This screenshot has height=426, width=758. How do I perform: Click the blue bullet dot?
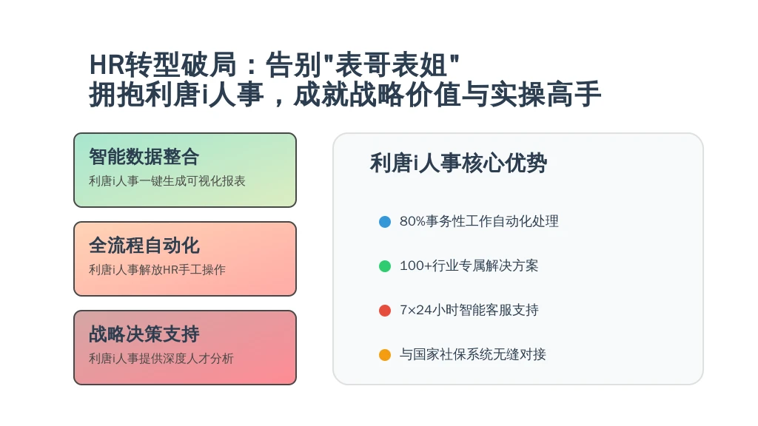pyautogui.click(x=385, y=222)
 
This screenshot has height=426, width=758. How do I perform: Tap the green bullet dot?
pyautogui.click(x=385, y=266)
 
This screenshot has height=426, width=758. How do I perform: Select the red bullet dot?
pyautogui.click(x=385, y=311)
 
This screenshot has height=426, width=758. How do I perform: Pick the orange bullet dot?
pyautogui.click(x=385, y=355)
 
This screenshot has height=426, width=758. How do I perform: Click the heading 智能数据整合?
pyautogui.click(x=144, y=157)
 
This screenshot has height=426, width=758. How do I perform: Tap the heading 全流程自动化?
pyautogui.click(x=144, y=246)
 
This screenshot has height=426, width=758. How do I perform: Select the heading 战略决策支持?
pyautogui.click(x=144, y=334)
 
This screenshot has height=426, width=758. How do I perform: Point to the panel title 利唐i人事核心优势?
pyautogui.click(x=458, y=163)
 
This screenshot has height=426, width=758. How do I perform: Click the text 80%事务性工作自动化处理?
pyautogui.click(x=479, y=221)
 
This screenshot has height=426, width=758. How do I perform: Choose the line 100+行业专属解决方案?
pyautogui.click(x=469, y=266)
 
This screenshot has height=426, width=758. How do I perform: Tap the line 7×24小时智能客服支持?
pyautogui.click(x=469, y=310)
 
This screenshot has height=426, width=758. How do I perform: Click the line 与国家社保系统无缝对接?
pyautogui.click(x=473, y=354)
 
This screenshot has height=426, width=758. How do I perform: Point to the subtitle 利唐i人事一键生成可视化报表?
pyautogui.click(x=167, y=181)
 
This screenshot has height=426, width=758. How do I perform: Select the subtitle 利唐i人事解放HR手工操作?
pyautogui.click(x=157, y=269)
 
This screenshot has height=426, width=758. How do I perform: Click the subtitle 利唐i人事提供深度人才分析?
pyautogui.click(x=161, y=359)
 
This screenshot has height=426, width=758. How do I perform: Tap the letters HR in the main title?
pyautogui.click(x=107, y=65)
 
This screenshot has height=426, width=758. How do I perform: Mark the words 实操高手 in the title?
pyautogui.click(x=546, y=94)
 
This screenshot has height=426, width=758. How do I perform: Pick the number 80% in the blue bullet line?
pyautogui.click(x=412, y=221)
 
